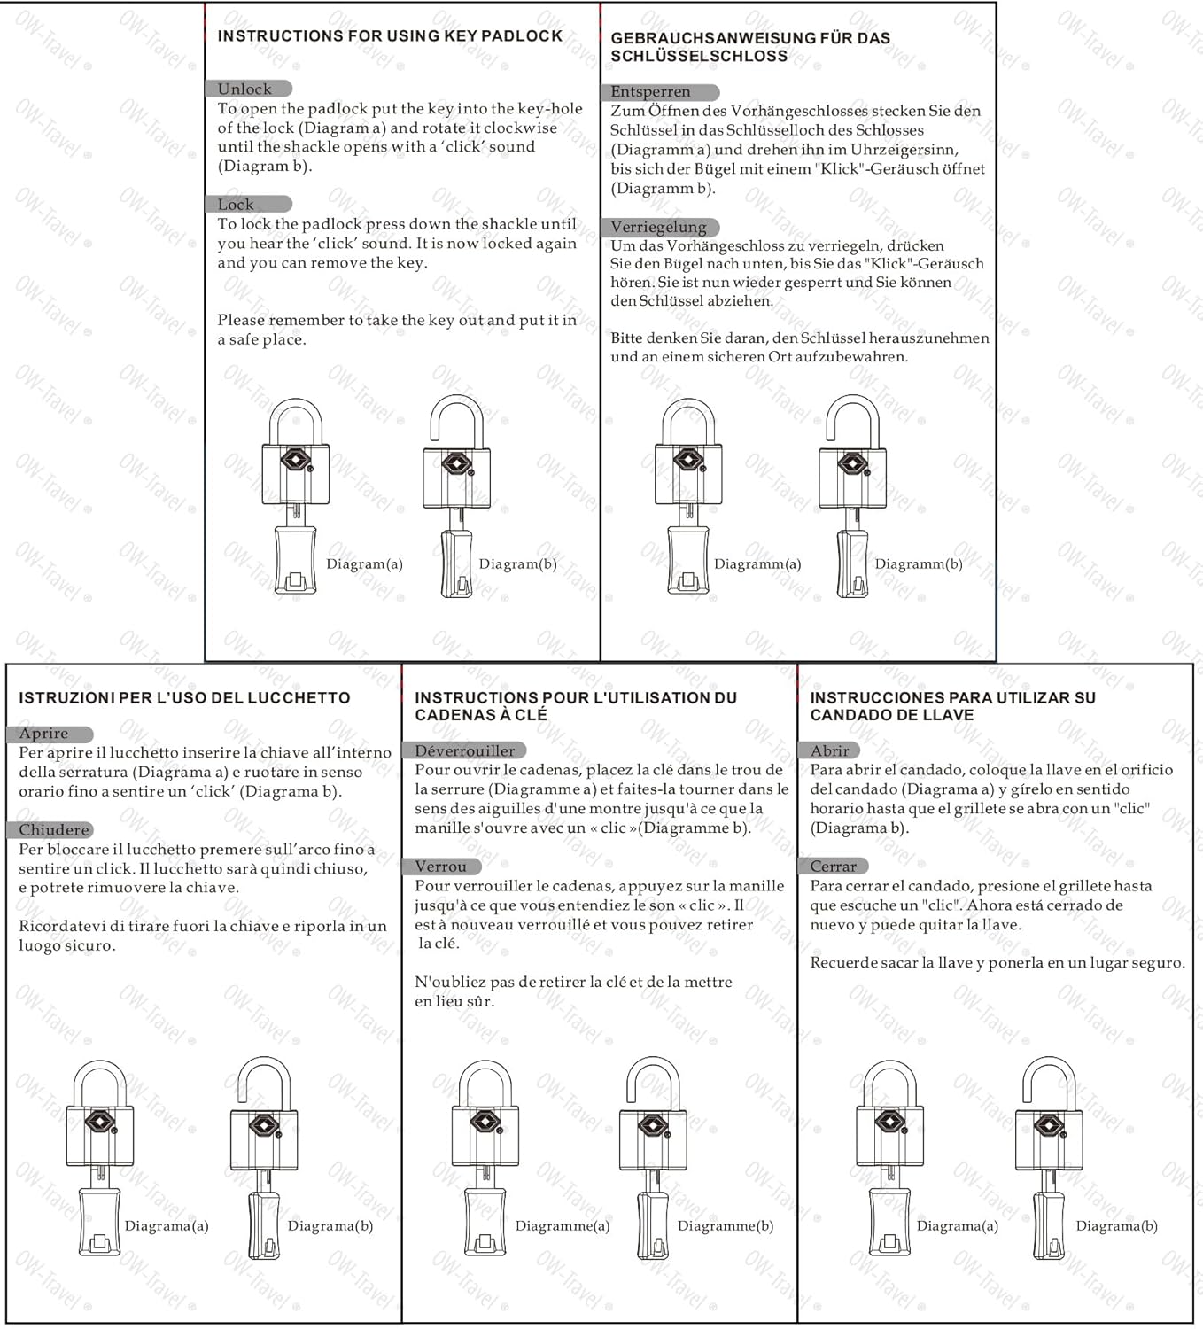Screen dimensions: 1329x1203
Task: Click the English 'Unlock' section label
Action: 245,89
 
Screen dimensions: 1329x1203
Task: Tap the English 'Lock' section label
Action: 236,205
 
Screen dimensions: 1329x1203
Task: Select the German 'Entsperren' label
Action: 650,91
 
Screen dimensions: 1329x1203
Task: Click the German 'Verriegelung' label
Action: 658,227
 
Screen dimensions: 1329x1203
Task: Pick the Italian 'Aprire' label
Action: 43,734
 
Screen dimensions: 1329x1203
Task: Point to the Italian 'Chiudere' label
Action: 54,830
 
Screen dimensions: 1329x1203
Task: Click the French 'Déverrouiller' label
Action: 464,750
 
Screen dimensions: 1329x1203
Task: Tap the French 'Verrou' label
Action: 440,867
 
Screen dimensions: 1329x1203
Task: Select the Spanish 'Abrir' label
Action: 829,750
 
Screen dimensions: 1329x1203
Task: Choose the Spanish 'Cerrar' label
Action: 833,867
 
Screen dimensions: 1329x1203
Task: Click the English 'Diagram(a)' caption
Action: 364,564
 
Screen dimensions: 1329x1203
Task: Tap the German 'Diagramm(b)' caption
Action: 919,564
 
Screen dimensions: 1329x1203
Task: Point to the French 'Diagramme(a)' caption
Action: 563,1226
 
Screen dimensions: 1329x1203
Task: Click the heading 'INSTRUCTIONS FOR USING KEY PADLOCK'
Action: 390,36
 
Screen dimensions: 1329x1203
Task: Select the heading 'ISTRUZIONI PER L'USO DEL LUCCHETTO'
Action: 184,698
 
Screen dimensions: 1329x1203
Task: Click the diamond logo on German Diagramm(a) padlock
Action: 688,460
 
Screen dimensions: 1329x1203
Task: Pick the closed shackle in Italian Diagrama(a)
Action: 99,1083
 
